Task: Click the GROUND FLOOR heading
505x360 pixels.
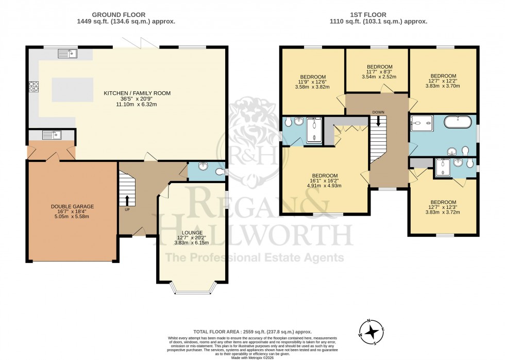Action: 118,14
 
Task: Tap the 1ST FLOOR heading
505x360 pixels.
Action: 378,14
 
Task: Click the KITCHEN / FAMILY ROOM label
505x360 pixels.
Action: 137,93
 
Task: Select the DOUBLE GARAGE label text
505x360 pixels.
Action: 72,206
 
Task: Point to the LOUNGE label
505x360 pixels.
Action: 192,233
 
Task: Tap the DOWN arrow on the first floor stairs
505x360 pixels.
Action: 378,121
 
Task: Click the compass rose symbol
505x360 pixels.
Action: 372,332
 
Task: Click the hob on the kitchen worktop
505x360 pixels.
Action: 35,87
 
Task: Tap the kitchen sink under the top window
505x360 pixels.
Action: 67,53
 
